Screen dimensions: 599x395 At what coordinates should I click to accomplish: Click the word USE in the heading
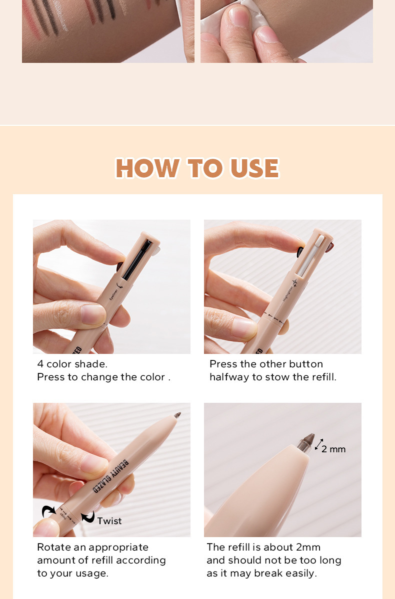pos(254,168)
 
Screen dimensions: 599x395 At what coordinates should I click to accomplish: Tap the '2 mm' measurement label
pos(333,449)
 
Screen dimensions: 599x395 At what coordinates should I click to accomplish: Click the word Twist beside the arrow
pos(109,521)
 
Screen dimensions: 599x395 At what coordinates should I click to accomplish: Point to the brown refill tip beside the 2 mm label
pos(305,442)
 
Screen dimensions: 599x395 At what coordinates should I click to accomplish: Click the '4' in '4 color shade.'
pos(40,364)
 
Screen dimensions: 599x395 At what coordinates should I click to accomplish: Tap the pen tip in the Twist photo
pos(176,415)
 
